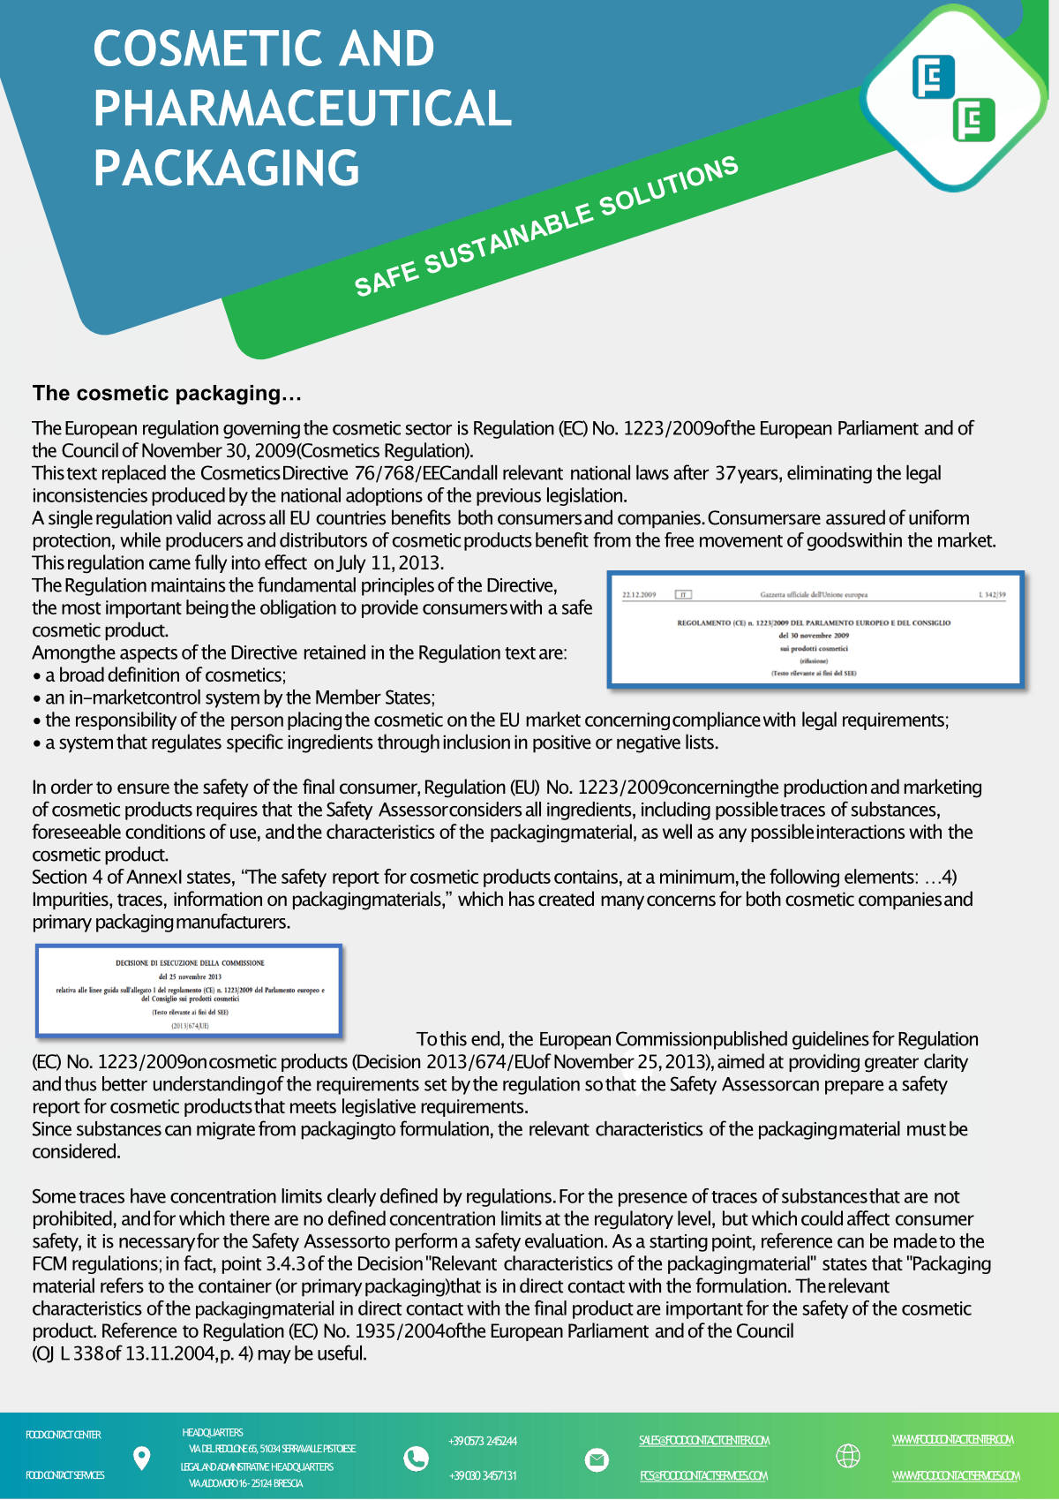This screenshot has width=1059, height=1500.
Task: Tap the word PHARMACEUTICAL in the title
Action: pyautogui.click(x=303, y=109)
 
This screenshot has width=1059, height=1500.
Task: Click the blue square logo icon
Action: pyautogui.click(x=934, y=77)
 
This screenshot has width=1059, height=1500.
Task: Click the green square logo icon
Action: pyautogui.click(x=973, y=120)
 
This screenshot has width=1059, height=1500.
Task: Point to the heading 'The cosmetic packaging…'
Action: pyautogui.click(x=167, y=393)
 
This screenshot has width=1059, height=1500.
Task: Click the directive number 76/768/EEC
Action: pyautogui.click(x=409, y=473)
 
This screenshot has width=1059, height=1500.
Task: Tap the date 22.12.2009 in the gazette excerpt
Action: pyautogui.click(x=639, y=595)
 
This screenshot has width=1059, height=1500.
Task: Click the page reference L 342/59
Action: pyautogui.click(x=992, y=595)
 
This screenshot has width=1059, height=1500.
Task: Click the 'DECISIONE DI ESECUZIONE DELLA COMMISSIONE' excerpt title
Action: pyautogui.click(x=190, y=963)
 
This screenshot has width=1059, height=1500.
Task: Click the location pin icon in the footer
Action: pyautogui.click(x=141, y=1458)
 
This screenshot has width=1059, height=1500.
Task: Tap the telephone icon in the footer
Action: pyautogui.click(x=415, y=1459)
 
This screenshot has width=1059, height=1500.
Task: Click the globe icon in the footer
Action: pyautogui.click(x=847, y=1456)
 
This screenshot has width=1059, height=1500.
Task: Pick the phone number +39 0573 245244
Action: pyautogui.click(x=483, y=1442)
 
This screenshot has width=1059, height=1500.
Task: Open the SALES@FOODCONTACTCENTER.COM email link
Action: pyautogui.click(x=704, y=1441)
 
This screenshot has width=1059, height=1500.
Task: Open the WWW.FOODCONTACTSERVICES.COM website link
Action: pyautogui.click(x=955, y=1476)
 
